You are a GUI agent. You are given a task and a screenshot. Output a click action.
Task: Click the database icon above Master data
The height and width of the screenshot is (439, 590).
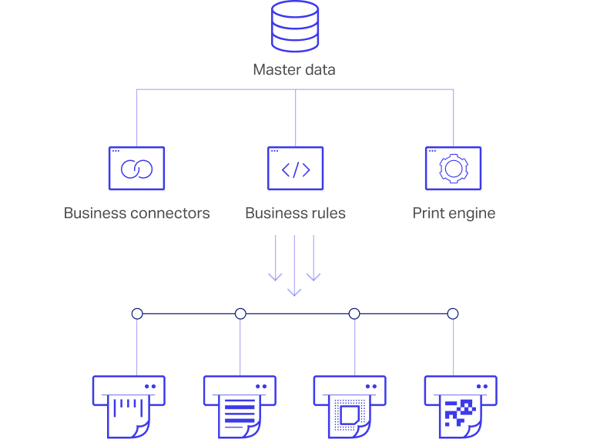point(295,26)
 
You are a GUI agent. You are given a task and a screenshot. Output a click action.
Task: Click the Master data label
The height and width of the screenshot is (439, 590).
point(294,70)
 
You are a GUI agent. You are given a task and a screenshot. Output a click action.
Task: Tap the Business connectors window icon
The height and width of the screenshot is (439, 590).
point(136,169)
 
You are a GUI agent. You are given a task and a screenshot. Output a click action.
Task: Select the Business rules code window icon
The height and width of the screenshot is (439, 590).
point(295,169)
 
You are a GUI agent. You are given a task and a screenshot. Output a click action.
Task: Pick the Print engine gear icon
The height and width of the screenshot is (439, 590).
point(453,169)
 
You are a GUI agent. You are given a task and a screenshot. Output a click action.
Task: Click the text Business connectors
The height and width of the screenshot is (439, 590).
point(136,213)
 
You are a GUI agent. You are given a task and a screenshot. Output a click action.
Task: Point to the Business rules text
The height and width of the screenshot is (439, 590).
point(295,213)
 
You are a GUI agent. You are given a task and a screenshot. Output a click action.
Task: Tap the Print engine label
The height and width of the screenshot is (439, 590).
point(454,213)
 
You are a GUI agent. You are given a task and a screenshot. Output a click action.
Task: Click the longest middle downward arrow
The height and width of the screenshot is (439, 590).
point(294,266)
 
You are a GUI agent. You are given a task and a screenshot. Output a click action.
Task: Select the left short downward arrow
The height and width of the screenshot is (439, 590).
point(275,258)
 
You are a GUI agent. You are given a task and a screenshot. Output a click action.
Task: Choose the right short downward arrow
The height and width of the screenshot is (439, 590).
point(313,258)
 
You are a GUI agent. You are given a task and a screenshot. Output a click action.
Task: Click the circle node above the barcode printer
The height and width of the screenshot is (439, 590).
point(137,313)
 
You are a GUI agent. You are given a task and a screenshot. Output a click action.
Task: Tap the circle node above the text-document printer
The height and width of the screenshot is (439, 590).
point(240,313)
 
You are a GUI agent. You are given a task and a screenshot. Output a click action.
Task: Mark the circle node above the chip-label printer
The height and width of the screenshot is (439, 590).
point(354,313)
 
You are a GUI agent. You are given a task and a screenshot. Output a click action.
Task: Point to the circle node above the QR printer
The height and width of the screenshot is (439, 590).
point(453,313)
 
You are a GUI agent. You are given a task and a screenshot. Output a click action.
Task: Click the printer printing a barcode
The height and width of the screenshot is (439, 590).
point(129,405)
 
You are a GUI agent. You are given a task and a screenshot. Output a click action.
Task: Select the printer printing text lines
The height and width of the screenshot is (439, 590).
point(240,405)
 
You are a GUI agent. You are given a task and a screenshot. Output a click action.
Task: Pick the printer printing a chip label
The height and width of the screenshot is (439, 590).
point(350,405)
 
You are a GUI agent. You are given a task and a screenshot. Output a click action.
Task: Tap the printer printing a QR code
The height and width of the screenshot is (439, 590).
point(461,405)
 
